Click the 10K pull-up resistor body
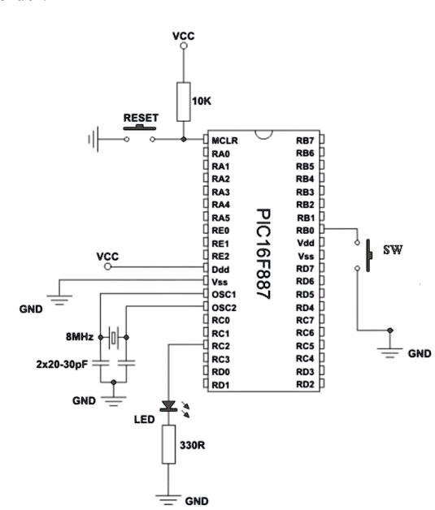[184, 102]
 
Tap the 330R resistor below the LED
[168, 444]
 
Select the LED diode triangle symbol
[168, 406]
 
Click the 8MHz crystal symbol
[113, 337]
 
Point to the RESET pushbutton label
[141, 118]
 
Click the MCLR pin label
[224, 140]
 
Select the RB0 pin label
[305, 231]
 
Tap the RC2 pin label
[221, 346]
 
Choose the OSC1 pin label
[224, 295]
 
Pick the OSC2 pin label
[224, 308]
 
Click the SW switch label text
[393, 250]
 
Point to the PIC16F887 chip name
[263, 253]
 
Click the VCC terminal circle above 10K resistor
[184, 45]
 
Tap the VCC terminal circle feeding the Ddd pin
[108, 266]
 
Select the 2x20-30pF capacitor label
[62, 365]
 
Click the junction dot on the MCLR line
[184, 139]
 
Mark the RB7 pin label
[305, 140]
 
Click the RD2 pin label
[305, 384]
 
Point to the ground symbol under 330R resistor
[168, 499]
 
